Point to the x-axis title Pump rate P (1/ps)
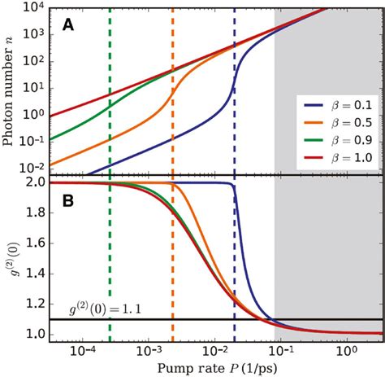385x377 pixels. click(x=216, y=367)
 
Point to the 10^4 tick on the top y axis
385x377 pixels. click(x=36, y=8)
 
